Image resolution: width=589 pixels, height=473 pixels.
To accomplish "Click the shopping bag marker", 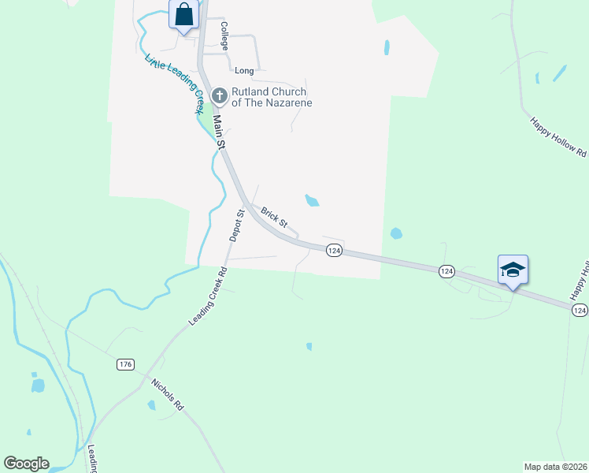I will pos(183,15).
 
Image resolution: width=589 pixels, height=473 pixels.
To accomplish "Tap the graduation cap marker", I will pos(513,270).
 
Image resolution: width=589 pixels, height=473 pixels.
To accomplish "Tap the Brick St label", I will pos(274,219).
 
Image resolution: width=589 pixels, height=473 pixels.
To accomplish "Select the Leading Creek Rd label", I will pos(208,297).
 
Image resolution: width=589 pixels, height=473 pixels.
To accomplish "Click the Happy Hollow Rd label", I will pos(558,137).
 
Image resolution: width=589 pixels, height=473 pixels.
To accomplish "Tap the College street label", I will pos(224,35).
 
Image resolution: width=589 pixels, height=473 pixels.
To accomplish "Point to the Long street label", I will pos(244,71).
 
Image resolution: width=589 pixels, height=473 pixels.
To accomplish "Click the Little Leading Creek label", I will pos(173,84).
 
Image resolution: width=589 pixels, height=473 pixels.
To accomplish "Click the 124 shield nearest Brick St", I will pos(334,250).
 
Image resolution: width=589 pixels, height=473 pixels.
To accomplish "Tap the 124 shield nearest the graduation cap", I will pos(446,270).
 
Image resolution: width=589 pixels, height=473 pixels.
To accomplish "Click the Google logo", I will pos(26,464).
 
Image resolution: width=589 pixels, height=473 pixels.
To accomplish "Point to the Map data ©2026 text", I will pos(555,466).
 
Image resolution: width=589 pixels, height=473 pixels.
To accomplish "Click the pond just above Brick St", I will pos(312,200).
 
